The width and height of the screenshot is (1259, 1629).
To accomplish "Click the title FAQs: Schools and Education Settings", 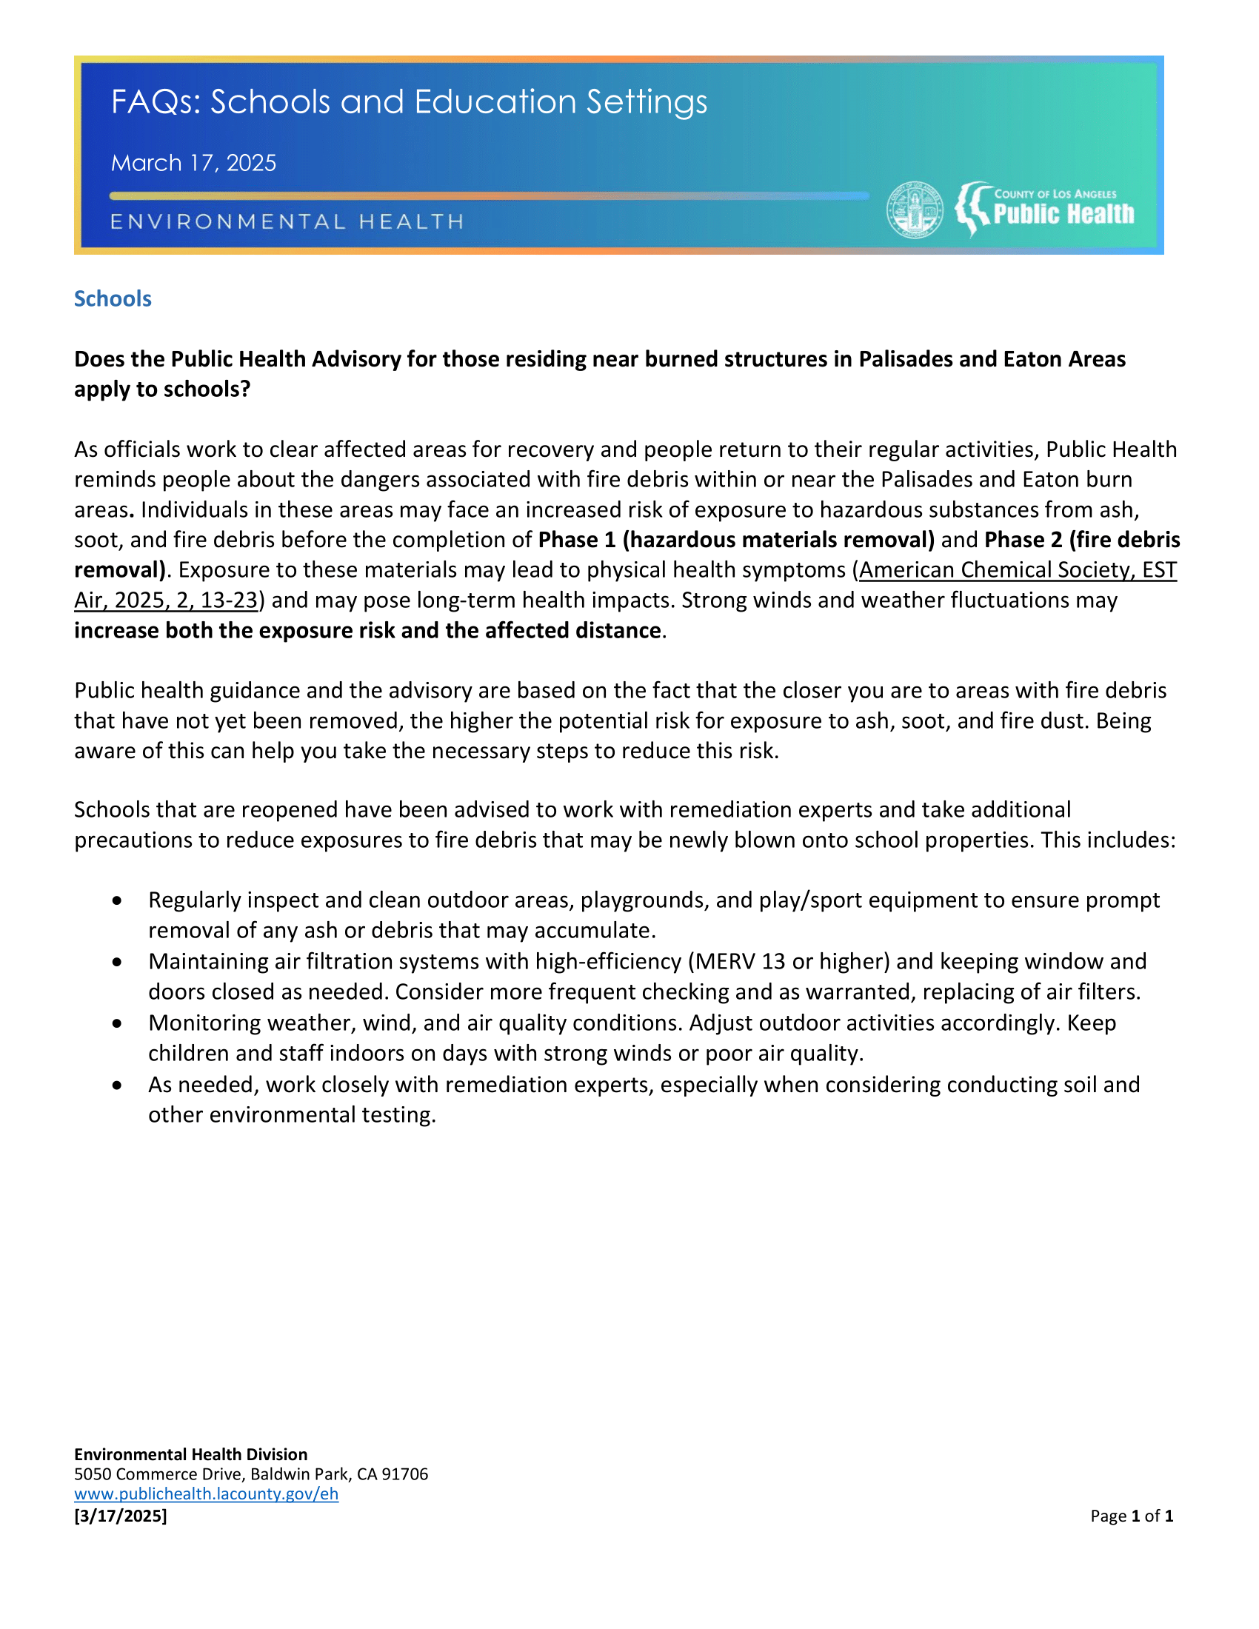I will [409, 102].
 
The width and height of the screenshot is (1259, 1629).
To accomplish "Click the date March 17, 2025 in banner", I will [193, 163].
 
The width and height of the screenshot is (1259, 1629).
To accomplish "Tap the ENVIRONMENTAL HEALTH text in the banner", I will [287, 221].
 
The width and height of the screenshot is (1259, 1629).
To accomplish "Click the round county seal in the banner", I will [915, 210].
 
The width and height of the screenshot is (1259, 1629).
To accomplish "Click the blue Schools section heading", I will [113, 298].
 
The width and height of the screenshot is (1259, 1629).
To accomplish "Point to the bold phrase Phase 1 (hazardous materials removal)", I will [735, 539].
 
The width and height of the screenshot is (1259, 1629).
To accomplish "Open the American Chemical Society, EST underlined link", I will [1018, 570].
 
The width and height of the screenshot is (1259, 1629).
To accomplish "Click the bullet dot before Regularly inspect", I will [117, 901].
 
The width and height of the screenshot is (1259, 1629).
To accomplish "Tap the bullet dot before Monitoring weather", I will [117, 1023].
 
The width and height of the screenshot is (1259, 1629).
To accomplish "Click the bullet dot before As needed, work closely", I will [117, 1086].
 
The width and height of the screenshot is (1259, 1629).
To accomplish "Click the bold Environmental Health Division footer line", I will [190, 1454].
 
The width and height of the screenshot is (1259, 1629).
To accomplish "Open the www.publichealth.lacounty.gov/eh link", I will [206, 1493].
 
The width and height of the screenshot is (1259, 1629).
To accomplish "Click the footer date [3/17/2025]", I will [120, 1515].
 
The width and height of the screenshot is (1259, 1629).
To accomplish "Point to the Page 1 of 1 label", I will [1131, 1515].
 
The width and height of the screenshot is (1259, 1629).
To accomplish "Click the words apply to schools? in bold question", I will [162, 389].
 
